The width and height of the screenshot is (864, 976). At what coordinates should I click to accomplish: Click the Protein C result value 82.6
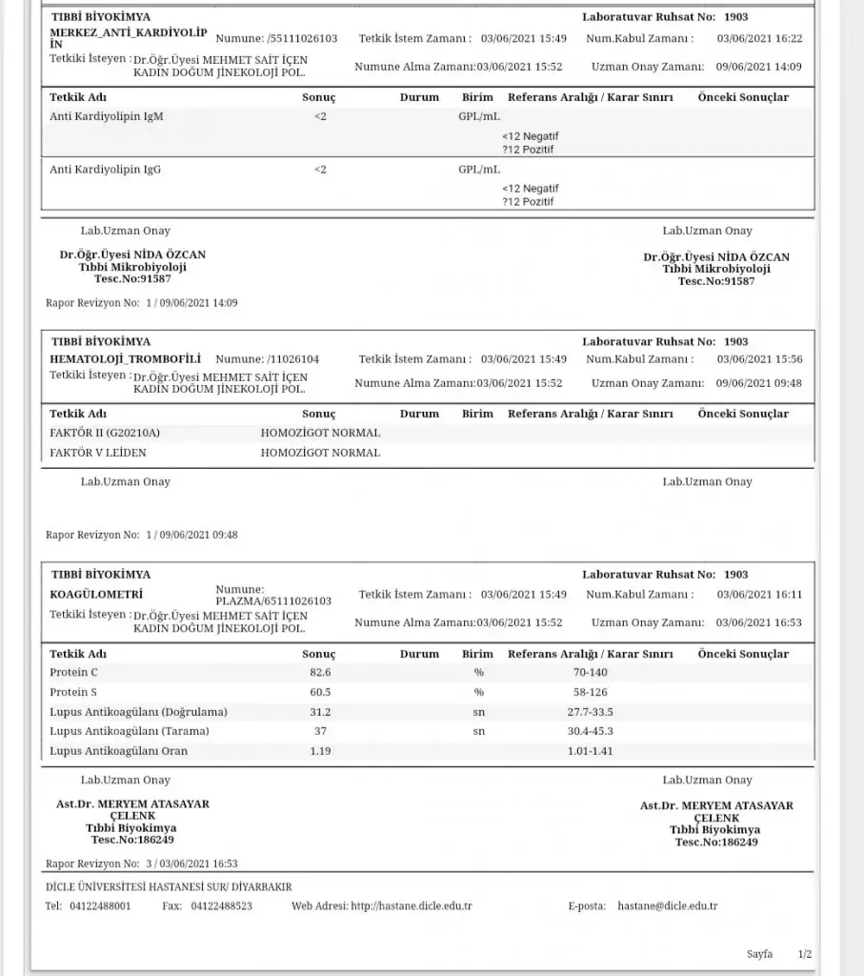(x=320, y=672)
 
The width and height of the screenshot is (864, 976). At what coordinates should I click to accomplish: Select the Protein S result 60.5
(x=320, y=692)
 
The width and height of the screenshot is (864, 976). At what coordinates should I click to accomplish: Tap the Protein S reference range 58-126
(x=590, y=692)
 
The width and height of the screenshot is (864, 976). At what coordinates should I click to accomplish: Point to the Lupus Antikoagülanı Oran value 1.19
(x=320, y=751)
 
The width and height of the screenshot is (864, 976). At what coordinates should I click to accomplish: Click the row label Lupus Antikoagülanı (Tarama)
(x=129, y=731)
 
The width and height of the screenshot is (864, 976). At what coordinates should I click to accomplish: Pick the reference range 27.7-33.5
(x=590, y=712)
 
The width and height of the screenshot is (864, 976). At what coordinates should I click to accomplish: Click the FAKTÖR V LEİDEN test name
(x=98, y=453)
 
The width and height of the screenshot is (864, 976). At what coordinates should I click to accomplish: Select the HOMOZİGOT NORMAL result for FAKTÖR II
(x=320, y=433)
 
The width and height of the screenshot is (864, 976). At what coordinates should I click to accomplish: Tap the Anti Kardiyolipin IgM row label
(x=106, y=116)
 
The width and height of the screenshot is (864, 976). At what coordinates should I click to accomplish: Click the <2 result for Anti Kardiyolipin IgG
(x=320, y=169)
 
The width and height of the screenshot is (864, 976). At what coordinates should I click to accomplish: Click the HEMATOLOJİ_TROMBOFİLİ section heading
(x=125, y=358)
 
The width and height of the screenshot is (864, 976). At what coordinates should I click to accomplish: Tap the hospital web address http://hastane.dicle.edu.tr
(x=412, y=905)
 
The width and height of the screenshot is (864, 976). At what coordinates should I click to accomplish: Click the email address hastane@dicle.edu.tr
(x=668, y=905)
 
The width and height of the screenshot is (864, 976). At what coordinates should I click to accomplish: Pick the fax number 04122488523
(x=222, y=905)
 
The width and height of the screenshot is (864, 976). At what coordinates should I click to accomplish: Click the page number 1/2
(x=805, y=954)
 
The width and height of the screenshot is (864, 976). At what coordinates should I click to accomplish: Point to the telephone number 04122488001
(x=100, y=905)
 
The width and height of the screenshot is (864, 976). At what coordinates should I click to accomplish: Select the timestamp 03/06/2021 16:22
(x=759, y=38)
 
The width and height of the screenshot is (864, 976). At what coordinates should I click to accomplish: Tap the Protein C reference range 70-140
(x=590, y=672)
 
